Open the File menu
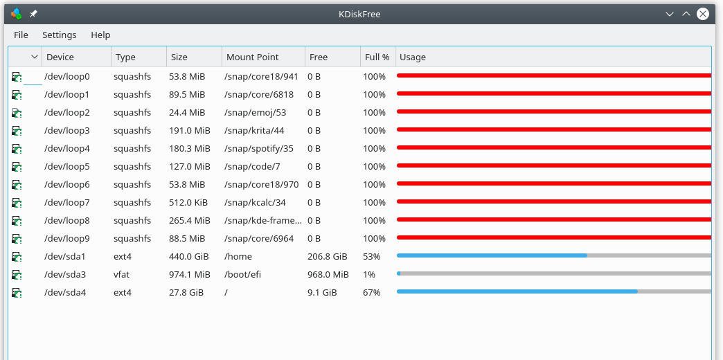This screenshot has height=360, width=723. [21, 35]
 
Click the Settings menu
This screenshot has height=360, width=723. [59, 35]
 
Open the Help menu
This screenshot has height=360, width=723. [100, 35]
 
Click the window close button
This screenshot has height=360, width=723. [703, 14]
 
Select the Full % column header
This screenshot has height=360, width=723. [377, 57]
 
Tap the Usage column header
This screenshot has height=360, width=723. [413, 57]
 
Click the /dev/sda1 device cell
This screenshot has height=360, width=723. [65, 256]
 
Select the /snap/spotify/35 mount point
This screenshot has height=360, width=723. [258, 148]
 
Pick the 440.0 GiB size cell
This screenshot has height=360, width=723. [188, 256]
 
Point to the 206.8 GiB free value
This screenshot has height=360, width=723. [327, 256]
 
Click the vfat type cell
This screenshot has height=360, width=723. [121, 274]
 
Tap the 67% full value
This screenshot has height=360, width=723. [371, 292]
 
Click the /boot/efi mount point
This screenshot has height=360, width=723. [243, 274]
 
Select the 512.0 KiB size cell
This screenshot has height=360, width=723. [188, 202]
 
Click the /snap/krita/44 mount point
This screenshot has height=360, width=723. [254, 130]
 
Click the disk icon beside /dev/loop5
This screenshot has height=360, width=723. [17, 166]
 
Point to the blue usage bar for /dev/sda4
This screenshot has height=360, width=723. [517, 292]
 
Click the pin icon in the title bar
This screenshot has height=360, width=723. [33, 14]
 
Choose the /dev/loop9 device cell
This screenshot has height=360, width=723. [66, 238]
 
